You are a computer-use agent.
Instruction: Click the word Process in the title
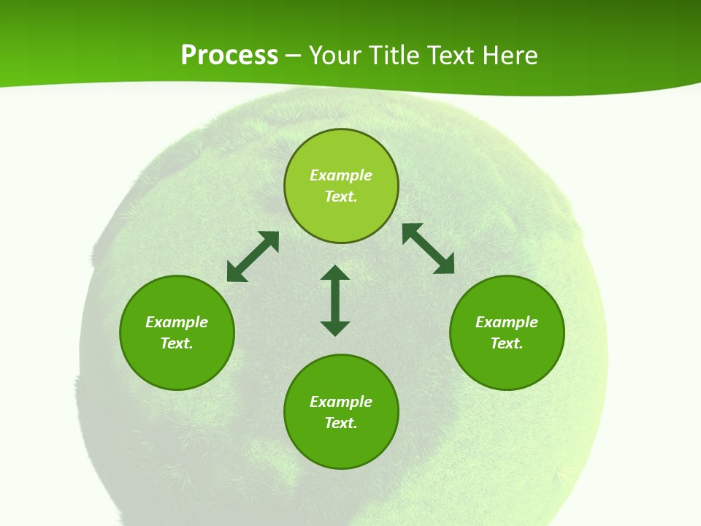(x=229, y=56)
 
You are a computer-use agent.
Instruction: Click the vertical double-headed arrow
(x=335, y=300)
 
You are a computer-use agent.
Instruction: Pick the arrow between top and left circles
(x=253, y=256)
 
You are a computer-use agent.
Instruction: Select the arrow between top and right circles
(x=429, y=248)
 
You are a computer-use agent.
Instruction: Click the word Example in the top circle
(x=341, y=175)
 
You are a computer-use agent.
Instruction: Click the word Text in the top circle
(x=341, y=197)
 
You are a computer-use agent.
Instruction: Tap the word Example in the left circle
(x=177, y=322)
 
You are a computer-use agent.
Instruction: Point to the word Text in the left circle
(x=177, y=343)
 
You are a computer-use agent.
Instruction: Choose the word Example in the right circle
(x=507, y=322)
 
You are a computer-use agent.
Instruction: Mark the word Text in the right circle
(x=507, y=343)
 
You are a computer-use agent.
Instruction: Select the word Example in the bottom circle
(x=341, y=402)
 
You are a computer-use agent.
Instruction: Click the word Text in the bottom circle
(x=341, y=423)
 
